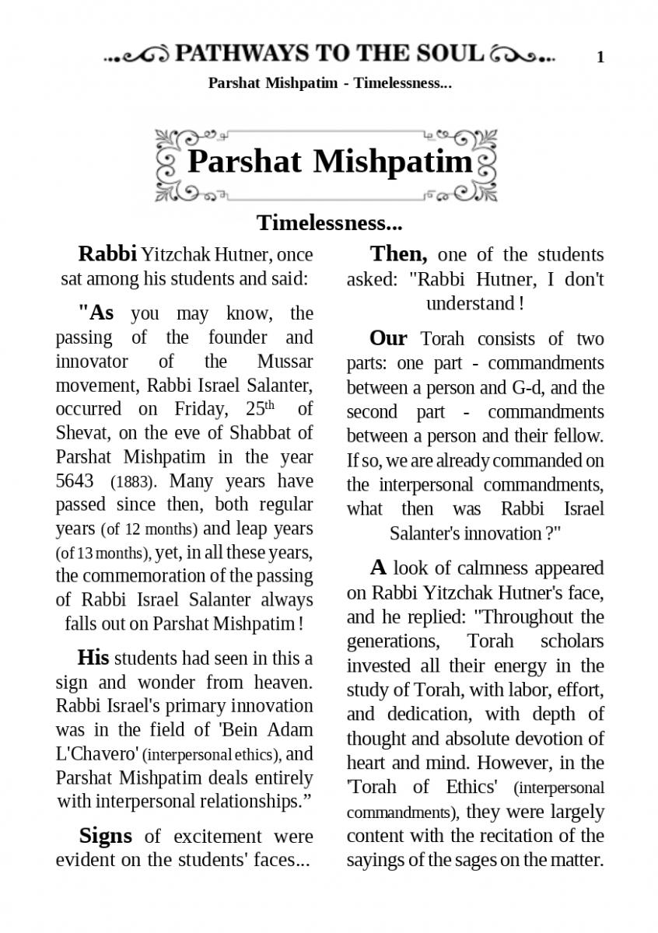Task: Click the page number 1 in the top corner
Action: [x=600, y=57]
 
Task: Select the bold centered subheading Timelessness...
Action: [x=330, y=223]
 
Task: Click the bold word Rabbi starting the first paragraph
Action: [x=107, y=254]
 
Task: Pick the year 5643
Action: [x=75, y=480]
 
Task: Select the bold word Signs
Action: [x=105, y=836]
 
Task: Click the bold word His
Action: [x=93, y=658]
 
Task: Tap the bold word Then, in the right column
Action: [x=398, y=254]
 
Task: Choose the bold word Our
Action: [x=388, y=339]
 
